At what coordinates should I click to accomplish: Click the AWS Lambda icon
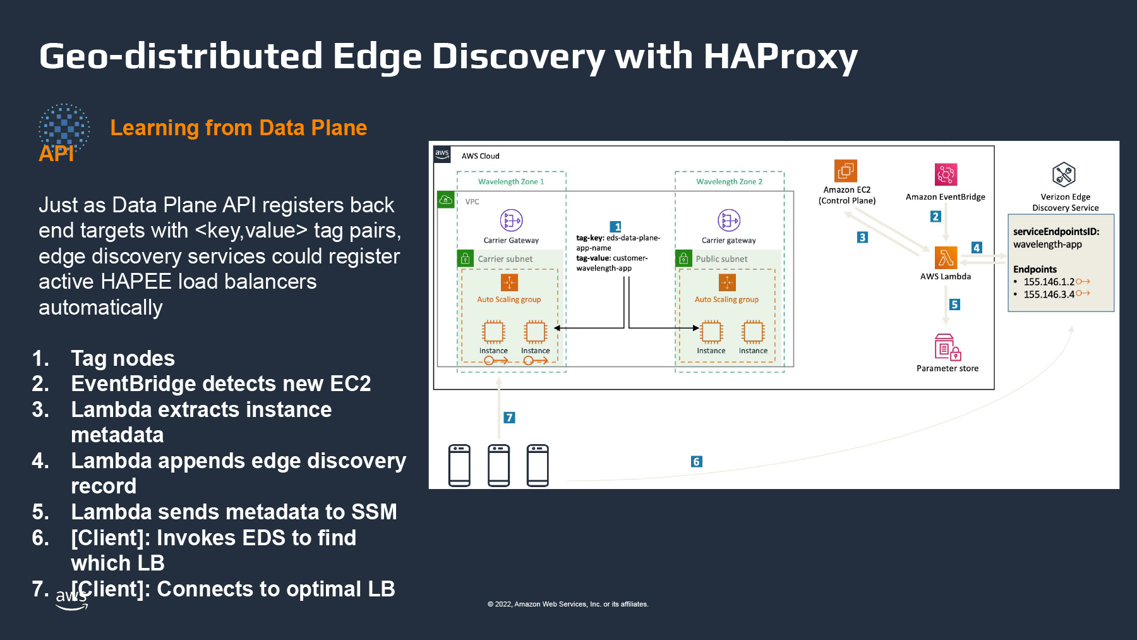coord(946,258)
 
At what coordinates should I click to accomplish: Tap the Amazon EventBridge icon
coord(946,174)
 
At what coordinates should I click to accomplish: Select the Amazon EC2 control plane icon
coord(846,171)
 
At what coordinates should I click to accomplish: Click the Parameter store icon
coord(948,347)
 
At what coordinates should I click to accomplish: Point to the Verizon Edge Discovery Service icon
coord(1064,174)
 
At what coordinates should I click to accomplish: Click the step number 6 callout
coord(696,462)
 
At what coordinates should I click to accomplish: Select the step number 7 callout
coord(509,418)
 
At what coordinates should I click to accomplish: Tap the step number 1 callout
coord(616,227)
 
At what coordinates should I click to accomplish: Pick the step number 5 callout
coord(954,305)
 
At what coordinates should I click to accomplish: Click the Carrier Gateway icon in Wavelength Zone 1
coord(511,220)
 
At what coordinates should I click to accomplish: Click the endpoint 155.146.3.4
coord(1049,294)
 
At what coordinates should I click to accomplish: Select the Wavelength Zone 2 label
coord(729,181)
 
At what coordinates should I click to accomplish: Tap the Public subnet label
coord(721,259)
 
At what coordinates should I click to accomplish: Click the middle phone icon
coord(498,466)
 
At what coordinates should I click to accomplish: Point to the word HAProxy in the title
coord(780,57)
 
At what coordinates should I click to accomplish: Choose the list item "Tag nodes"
coord(123,358)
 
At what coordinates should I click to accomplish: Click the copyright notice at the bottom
coord(568,604)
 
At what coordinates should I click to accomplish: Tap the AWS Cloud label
coord(480,156)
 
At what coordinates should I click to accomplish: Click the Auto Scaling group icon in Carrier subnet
coord(509,282)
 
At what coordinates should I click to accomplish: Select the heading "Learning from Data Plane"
coord(238,128)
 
